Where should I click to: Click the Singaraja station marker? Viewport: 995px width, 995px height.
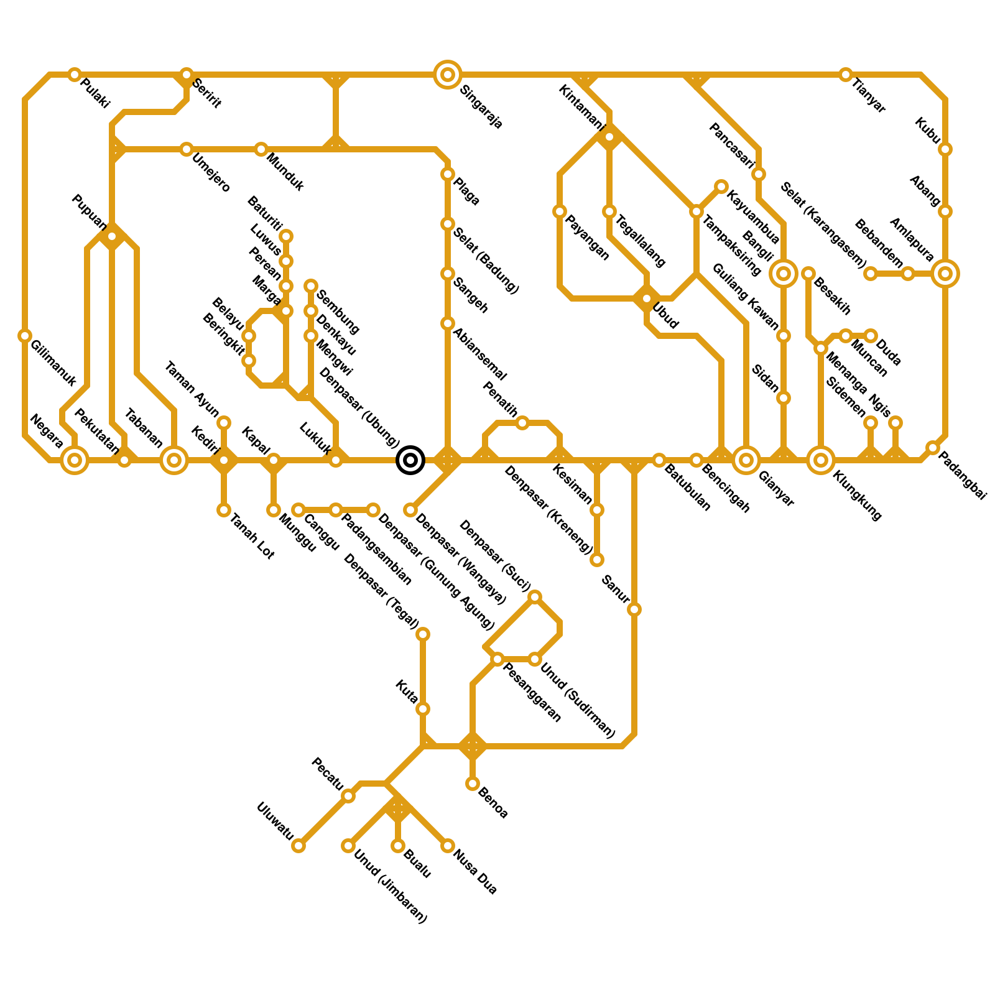pyautogui.click(x=447, y=75)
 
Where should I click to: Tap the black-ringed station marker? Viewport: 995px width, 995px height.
pyautogui.click(x=410, y=460)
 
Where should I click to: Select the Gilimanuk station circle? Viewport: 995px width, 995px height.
pyautogui.click(x=25, y=336)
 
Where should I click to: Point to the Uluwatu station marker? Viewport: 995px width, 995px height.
pyautogui.click(x=298, y=846)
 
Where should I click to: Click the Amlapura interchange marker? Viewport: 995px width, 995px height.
pyautogui.click(x=945, y=274)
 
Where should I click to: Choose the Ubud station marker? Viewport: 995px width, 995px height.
pyautogui.click(x=647, y=299)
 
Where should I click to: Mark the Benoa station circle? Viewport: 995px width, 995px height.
pyautogui.click(x=473, y=784)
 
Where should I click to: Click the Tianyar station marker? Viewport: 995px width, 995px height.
pyautogui.click(x=846, y=75)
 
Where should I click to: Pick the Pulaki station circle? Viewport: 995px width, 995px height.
pyautogui.click(x=75, y=75)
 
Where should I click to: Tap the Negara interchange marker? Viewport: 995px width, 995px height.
pyautogui.click(x=75, y=460)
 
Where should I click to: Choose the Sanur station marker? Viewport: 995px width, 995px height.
pyautogui.click(x=634, y=609)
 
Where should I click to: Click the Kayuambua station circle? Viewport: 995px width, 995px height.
pyautogui.click(x=721, y=187)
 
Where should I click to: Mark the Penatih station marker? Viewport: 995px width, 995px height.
pyautogui.click(x=522, y=423)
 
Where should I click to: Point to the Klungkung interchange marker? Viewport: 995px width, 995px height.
pyautogui.click(x=821, y=460)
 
